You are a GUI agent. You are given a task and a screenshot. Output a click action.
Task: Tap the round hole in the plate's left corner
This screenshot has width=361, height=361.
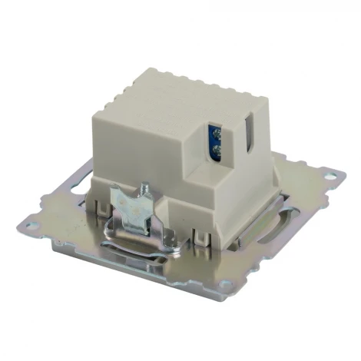tap(32, 224)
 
